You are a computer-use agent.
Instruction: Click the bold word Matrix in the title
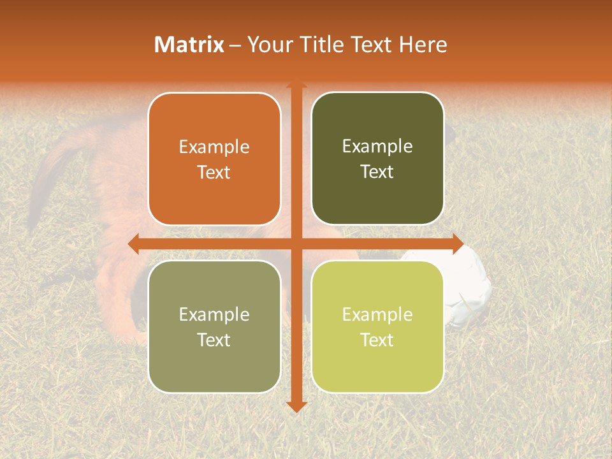(x=189, y=45)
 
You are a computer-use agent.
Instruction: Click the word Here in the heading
(x=423, y=45)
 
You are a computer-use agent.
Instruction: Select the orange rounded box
(x=214, y=159)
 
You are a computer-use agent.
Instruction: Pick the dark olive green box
(x=377, y=159)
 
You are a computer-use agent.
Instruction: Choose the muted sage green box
(x=214, y=326)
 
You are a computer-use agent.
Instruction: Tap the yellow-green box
(x=377, y=326)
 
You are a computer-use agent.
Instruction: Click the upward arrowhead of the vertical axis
(x=296, y=84)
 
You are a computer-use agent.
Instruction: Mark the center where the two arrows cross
(x=296, y=244)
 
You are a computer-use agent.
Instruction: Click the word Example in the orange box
(x=214, y=147)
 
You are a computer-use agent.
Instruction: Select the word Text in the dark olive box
(x=377, y=172)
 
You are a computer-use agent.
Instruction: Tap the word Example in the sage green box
(x=214, y=314)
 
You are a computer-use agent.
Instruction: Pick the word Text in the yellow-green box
(x=377, y=340)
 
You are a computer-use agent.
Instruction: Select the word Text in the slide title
(x=374, y=45)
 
